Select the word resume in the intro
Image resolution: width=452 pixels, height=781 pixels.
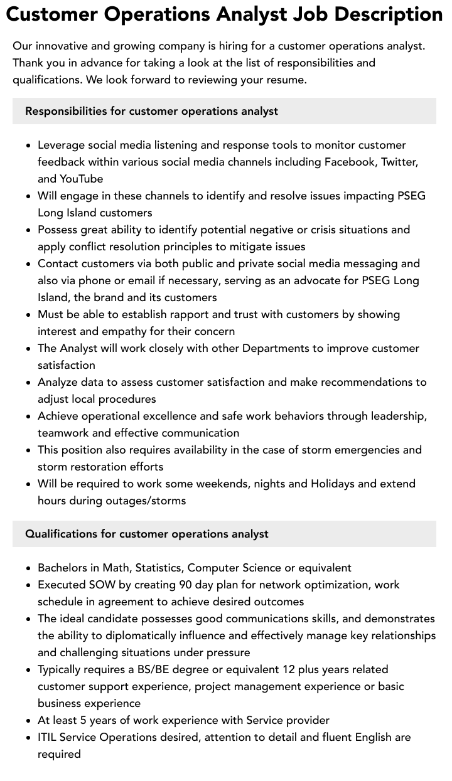coord(284,80)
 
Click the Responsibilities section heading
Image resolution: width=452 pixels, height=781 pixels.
coord(151,111)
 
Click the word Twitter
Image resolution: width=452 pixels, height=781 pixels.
coord(399,162)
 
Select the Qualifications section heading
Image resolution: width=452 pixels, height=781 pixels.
coord(146,534)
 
